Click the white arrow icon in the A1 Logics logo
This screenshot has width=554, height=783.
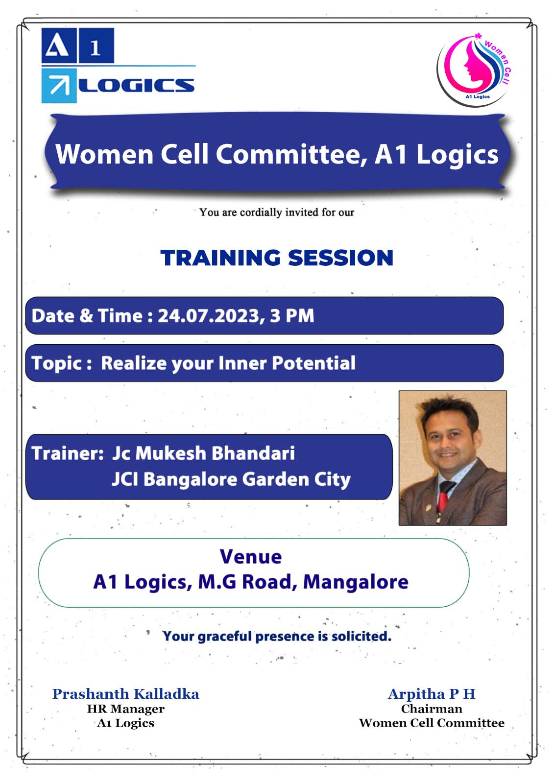tap(59, 86)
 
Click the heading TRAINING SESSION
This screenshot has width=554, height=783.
tap(277, 258)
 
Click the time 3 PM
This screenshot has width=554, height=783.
tap(292, 316)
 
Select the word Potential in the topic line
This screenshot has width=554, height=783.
tap(313, 363)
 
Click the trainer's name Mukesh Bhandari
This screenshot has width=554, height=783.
tap(215, 453)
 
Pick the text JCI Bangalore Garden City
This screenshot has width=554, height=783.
tap(231, 479)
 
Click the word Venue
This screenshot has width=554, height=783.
tap(251, 556)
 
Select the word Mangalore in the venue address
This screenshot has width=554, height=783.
tap(356, 582)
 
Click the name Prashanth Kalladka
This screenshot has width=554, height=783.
tap(126, 694)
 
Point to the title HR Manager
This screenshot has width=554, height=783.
tap(126, 709)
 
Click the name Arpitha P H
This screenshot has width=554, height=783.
tap(432, 694)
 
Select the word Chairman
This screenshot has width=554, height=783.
tap(432, 709)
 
